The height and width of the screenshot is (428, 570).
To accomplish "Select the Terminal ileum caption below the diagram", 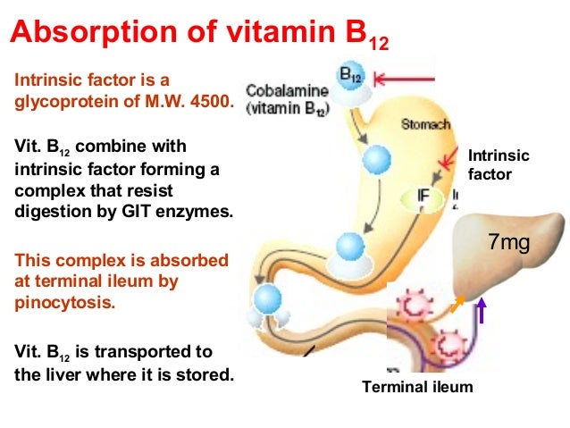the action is point(417,387).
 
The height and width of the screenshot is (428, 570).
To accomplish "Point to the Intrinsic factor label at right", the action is point(499,165).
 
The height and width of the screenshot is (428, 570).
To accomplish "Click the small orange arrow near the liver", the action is point(457,306).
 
